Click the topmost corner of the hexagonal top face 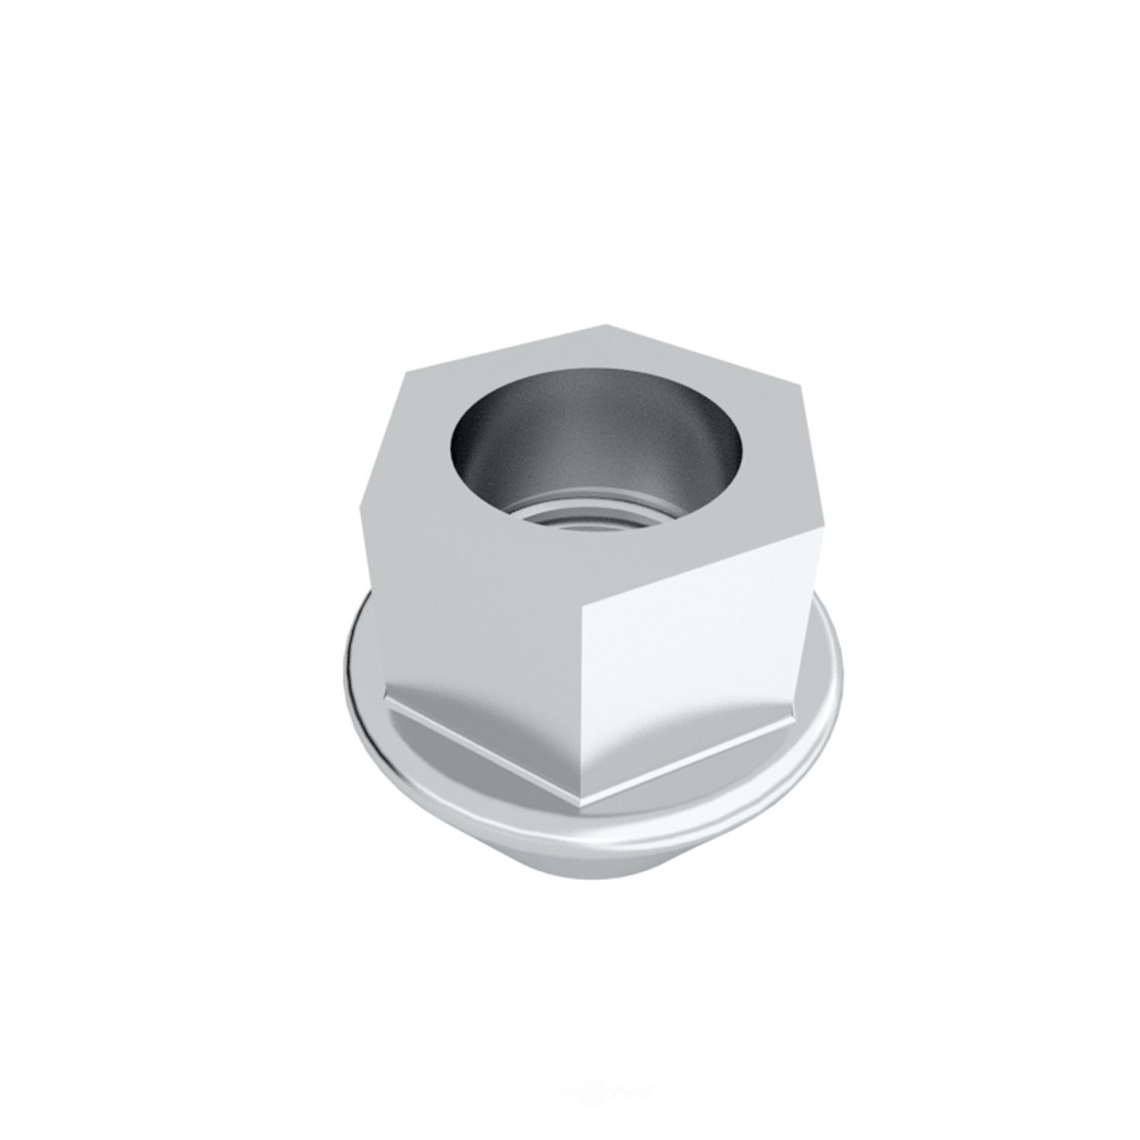pyautogui.click(x=606, y=325)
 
